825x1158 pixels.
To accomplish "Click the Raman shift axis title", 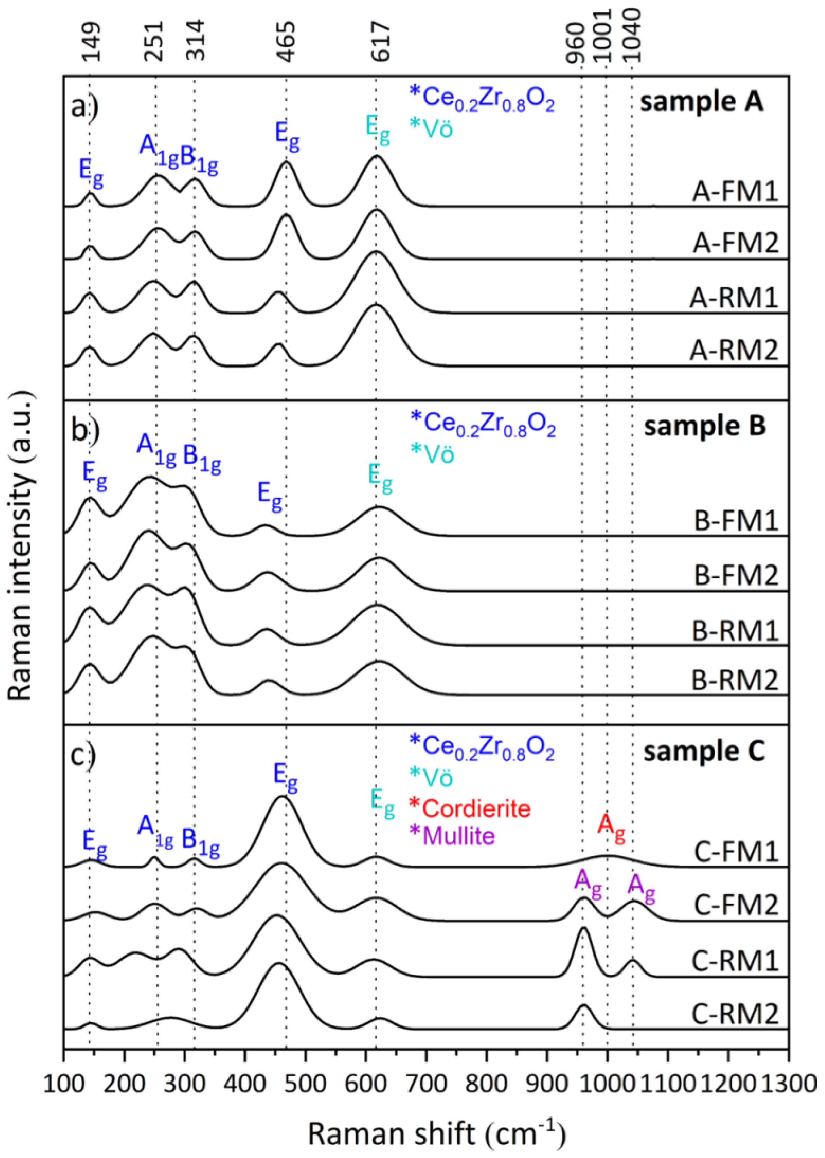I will [x=437, y=1119].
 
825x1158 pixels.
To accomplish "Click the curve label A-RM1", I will [x=734, y=298].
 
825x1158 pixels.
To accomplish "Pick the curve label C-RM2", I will [x=735, y=1014].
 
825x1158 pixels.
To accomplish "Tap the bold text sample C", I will [x=704, y=751].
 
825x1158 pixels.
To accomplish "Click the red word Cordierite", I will [x=475, y=808].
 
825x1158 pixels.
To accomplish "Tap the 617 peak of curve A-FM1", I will [x=376, y=156].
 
